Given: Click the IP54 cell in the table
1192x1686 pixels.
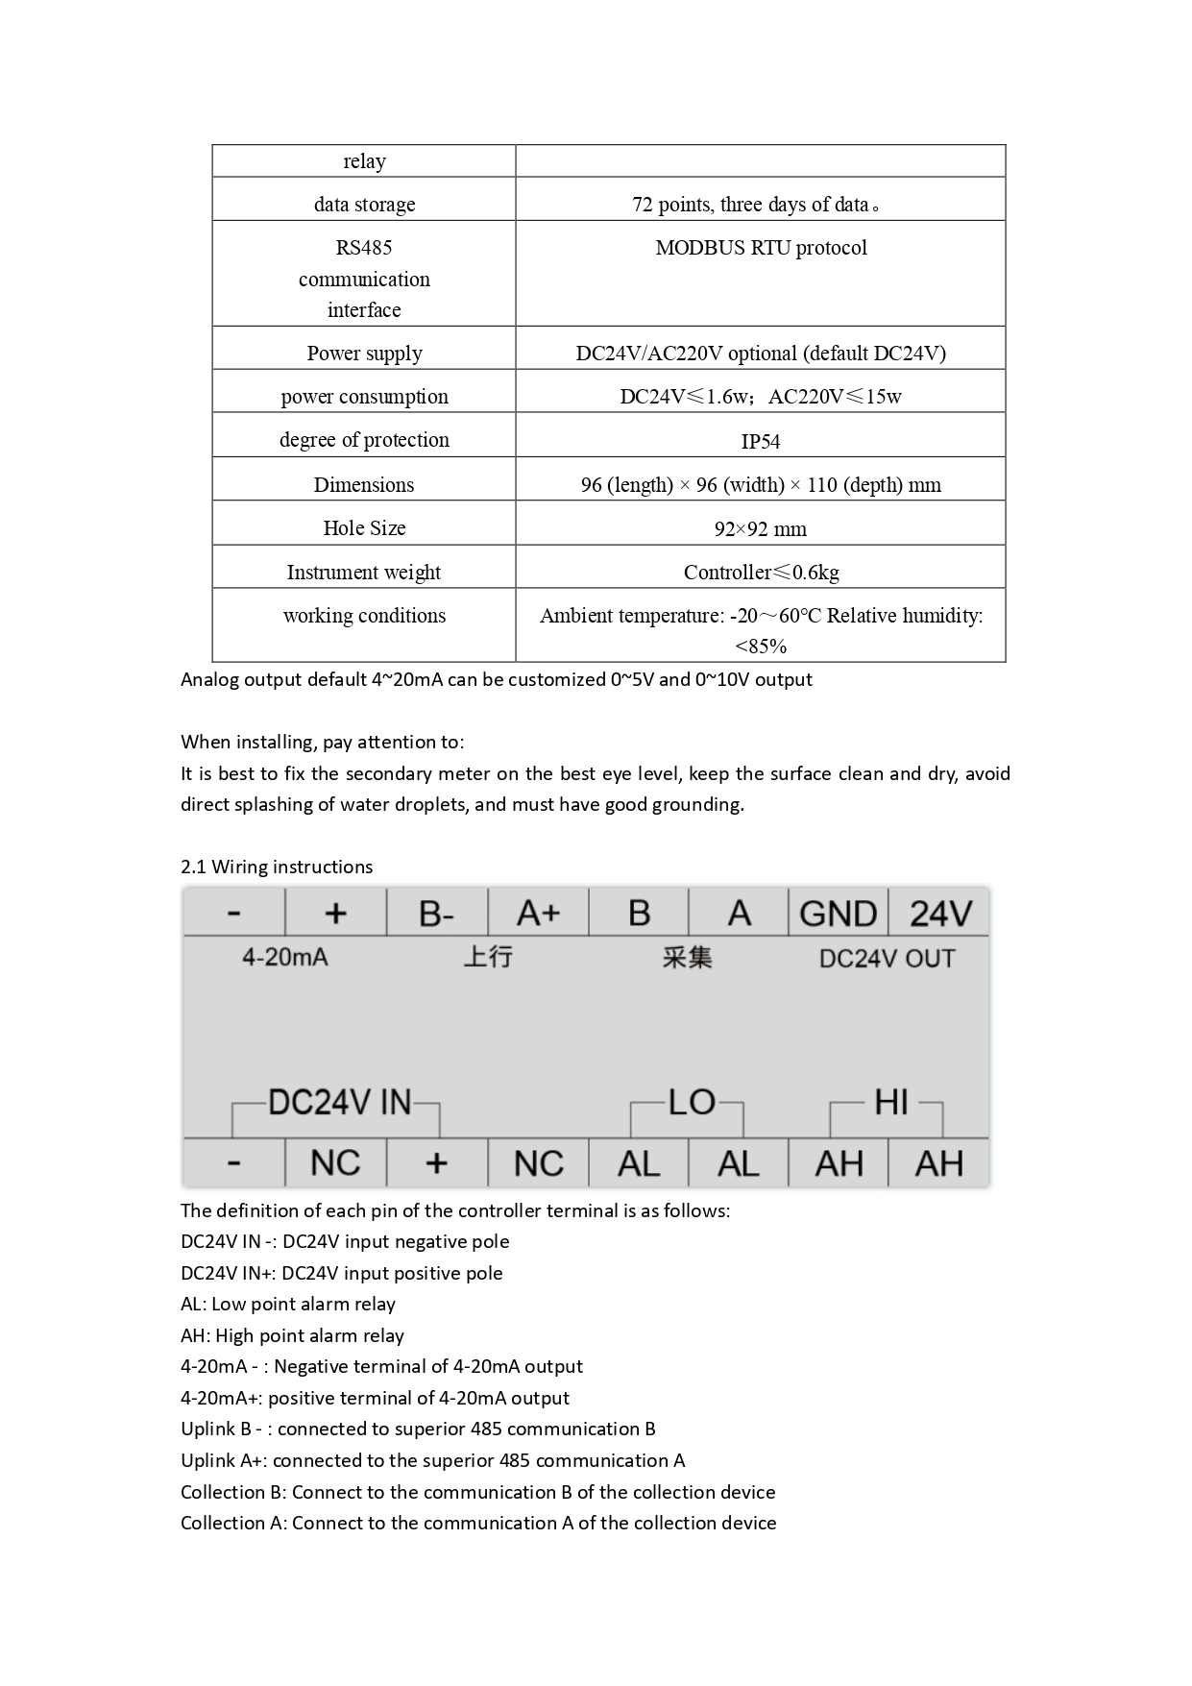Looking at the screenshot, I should pos(760,441).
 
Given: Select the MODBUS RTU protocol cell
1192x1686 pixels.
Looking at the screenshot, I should pos(761,248).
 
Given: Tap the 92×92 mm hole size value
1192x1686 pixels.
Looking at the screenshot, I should pos(760,528).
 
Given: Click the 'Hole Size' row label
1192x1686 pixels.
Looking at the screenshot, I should pos(364,528).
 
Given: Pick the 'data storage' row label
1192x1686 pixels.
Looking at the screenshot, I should pos(364,205).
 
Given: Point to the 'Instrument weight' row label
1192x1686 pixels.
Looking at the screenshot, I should pos(363,573).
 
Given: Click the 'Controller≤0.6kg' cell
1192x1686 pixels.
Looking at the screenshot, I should pos(761,573).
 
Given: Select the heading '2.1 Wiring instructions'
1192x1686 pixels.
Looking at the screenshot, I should pos(277,867).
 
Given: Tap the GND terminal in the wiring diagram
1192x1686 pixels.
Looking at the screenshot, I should pos(838,913).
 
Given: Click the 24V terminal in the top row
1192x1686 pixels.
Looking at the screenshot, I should pos(940,913).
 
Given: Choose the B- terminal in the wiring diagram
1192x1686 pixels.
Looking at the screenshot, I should pos(437,913).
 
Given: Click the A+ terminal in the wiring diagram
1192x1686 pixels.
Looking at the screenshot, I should pos(538,913).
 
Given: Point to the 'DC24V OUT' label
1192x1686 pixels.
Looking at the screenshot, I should pos(887,959).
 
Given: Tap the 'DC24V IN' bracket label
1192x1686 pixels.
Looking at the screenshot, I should pos(339,1102).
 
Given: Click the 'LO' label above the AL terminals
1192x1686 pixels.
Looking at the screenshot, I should pos(692,1102).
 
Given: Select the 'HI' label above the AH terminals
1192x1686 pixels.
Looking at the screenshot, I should pos(890,1102).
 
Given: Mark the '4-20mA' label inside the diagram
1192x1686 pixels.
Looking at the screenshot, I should pos(284,958).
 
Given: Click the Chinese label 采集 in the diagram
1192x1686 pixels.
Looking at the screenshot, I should pos(687,958).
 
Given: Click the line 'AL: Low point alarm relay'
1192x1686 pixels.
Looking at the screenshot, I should pos(288,1304).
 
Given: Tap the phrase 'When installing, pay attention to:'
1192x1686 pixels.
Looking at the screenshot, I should pos(322,742).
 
